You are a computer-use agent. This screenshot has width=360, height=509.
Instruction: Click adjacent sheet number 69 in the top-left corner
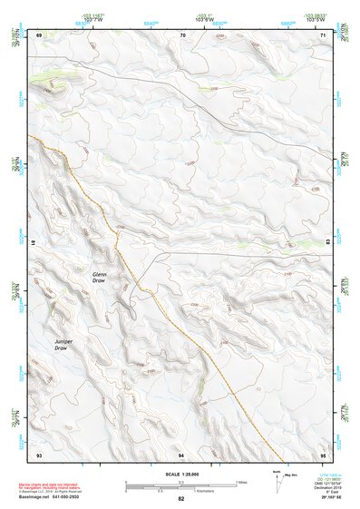point(39,34)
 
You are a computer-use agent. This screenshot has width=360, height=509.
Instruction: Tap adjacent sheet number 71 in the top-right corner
point(324,34)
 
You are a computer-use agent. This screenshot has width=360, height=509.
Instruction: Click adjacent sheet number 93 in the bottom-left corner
point(39,454)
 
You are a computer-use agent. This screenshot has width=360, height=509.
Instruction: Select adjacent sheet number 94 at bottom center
point(182,454)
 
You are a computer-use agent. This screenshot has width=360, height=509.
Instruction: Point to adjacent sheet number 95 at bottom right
point(324,454)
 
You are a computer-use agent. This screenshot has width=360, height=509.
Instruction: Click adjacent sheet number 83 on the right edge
point(327,242)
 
